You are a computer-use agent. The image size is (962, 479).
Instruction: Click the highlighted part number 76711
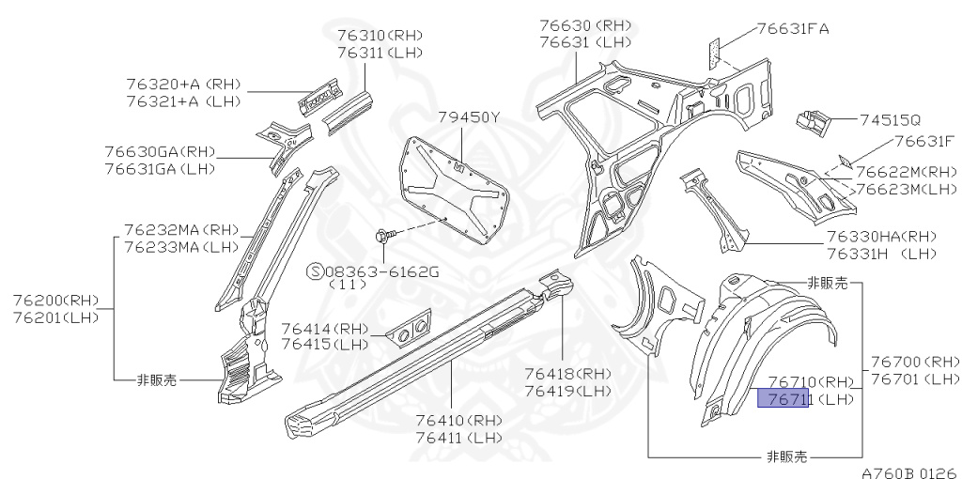point(783,399)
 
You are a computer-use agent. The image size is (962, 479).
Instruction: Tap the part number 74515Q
point(892,120)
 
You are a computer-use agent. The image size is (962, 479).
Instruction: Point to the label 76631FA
point(794,29)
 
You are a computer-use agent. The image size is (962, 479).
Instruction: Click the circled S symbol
point(316,271)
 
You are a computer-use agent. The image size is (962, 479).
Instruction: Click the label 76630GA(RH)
point(160,151)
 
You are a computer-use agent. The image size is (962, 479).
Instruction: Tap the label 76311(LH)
point(380,53)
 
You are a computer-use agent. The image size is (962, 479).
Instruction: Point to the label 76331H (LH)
point(881,253)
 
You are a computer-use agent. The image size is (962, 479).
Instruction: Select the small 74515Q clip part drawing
point(814,119)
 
